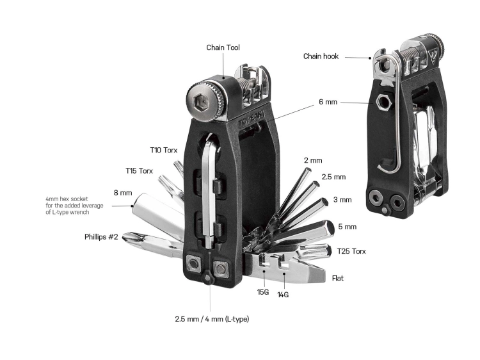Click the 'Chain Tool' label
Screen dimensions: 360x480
(x=223, y=47)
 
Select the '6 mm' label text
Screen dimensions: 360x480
(x=326, y=102)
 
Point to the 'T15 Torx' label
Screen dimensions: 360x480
(x=139, y=171)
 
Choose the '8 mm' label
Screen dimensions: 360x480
(x=122, y=192)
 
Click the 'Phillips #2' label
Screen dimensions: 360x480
(x=101, y=236)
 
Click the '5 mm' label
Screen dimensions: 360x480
(x=347, y=227)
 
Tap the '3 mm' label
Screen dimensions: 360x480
(x=342, y=200)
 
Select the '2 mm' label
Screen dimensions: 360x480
(x=313, y=160)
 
